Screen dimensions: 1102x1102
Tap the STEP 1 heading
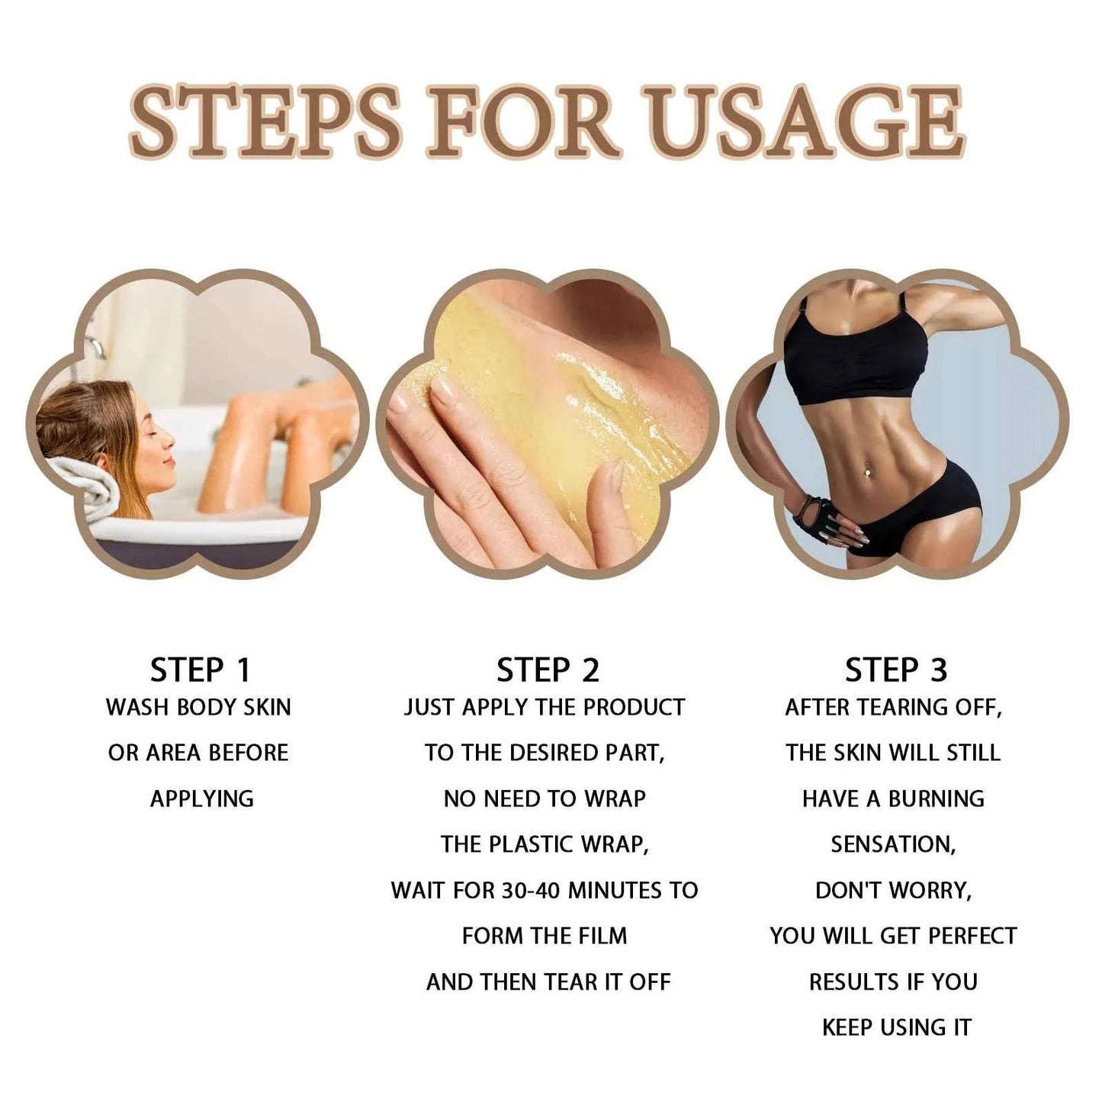[200, 670]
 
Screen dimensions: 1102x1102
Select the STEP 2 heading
[548, 670]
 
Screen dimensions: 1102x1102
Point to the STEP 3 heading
[895, 670]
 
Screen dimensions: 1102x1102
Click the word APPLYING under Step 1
[201, 799]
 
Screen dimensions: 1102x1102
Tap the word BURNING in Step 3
[937, 798]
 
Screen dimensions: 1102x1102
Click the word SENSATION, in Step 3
[893, 844]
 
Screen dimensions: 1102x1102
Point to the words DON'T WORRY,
[893, 890]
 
